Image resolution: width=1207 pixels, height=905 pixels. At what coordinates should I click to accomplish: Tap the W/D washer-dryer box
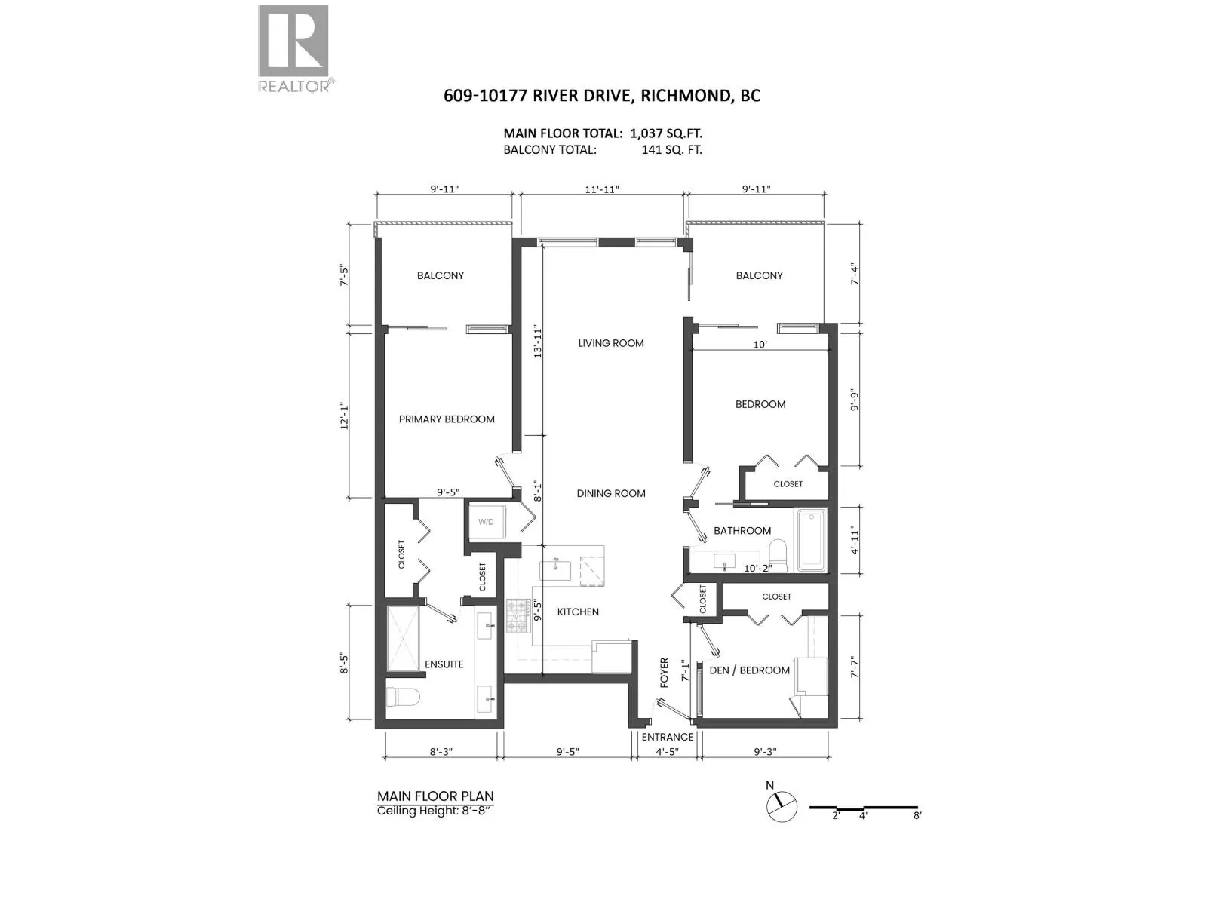(486, 521)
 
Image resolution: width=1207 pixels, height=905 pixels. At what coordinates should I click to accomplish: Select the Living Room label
(610, 343)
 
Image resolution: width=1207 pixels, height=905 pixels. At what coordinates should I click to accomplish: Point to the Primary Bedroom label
(447, 419)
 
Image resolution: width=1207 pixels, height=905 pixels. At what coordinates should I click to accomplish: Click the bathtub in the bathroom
(811, 539)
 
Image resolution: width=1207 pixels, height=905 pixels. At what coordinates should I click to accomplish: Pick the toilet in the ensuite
(403, 698)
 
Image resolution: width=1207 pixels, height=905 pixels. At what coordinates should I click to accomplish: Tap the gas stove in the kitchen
(517, 615)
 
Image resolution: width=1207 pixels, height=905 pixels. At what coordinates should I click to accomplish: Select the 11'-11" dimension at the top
(601, 189)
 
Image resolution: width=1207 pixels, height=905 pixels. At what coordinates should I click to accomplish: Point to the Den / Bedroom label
(750, 670)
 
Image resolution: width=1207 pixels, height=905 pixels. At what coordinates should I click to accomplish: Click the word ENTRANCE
(667, 737)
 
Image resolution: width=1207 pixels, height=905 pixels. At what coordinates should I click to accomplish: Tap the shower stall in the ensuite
(403, 639)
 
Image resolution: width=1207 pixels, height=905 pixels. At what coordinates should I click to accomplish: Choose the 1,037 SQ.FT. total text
(666, 133)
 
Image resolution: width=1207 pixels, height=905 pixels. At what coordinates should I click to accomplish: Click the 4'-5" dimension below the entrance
(667, 752)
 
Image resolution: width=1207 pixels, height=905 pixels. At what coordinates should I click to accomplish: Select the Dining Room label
(610, 494)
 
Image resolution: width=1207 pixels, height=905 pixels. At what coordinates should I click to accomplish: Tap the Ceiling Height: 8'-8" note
(432, 811)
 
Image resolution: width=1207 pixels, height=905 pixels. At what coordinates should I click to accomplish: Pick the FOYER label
(665, 673)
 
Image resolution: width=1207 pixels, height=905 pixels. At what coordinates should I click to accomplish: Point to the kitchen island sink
(555, 569)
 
